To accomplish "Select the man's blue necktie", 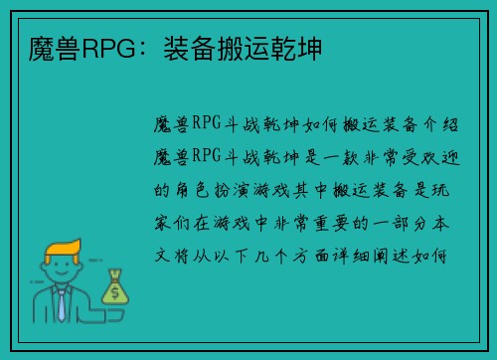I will (x=61, y=304).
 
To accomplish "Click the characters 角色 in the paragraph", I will (x=194, y=188).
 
